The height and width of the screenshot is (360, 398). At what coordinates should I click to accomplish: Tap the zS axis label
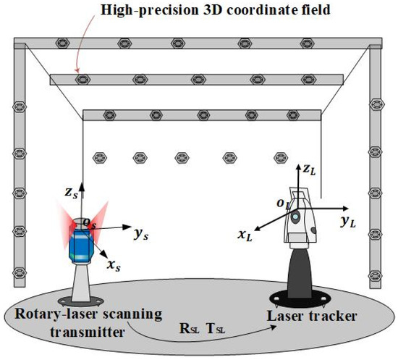pyautogui.click(x=70, y=192)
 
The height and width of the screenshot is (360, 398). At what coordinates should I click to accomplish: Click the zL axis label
pyautogui.click(x=309, y=170)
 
